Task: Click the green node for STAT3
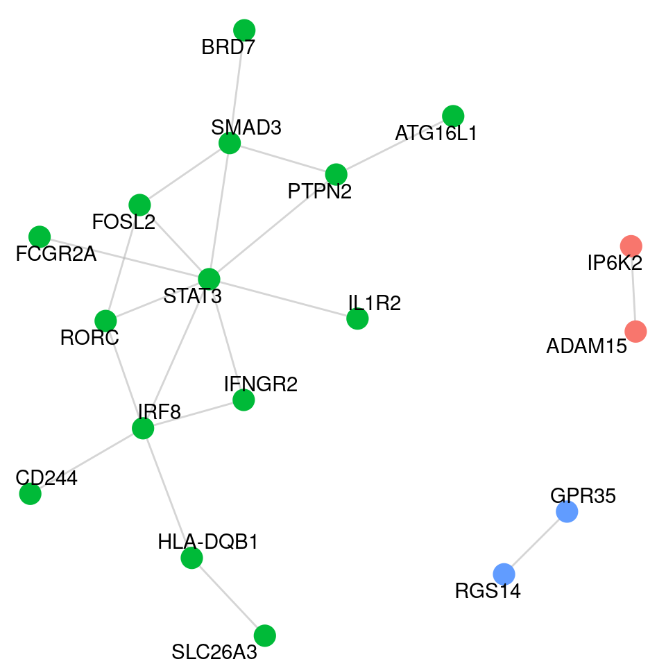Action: [x=209, y=279]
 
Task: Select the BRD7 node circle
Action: [x=244, y=30]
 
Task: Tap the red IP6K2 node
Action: [x=631, y=246]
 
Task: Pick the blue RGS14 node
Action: [x=504, y=574]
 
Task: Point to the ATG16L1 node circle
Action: [x=452, y=115]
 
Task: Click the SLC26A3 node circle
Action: [x=264, y=635]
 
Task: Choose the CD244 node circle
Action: [x=30, y=494]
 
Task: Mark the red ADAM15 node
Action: [x=635, y=332]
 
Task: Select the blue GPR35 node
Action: [x=567, y=512]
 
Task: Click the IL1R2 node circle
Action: [x=357, y=319]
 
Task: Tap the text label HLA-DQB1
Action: [x=207, y=542]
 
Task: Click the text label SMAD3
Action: [x=246, y=128]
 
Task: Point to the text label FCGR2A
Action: [x=55, y=255]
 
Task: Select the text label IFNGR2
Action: [x=261, y=384]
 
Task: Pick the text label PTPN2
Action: [x=320, y=191]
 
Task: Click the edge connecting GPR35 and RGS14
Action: [x=536, y=543]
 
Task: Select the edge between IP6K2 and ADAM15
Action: [x=633, y=289]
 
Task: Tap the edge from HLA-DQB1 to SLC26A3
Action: [x=228, y=596]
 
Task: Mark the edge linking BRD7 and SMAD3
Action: [x=237, y=87]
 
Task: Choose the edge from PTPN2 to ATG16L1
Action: [x=394, y=144]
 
